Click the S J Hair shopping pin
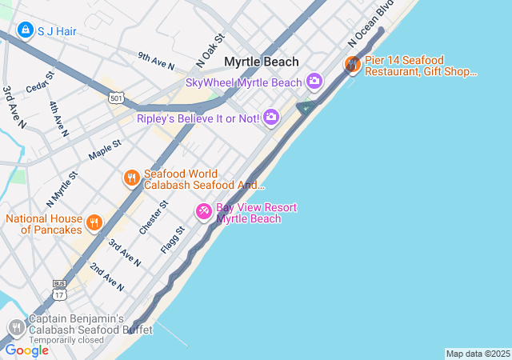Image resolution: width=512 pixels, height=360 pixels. [x=25, y=30]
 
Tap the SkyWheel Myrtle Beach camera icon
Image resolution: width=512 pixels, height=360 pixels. [x=314, y=81]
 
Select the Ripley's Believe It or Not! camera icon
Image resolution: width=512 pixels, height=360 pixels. [x=270, y=118]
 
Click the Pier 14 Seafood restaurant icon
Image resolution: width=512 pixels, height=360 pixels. [x=352, y=64]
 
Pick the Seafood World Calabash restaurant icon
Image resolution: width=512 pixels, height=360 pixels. [x=131, y=178]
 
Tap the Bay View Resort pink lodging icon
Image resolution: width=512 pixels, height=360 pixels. [x=204, y=211]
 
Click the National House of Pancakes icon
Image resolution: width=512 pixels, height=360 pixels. [x=94, y=222]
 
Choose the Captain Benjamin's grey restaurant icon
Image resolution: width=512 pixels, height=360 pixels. [x=16, y=327]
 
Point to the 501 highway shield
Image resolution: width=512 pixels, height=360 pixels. [x=117, y=98]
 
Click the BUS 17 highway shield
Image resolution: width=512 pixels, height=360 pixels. [x=59, y=290]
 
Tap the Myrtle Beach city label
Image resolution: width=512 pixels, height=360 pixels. [x=261, y=62]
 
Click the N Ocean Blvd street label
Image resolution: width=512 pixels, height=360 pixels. [x=361, y=34]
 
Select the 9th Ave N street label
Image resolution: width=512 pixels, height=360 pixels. [x=155, y=60]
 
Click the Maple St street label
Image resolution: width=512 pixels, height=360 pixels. [x=105, y=149]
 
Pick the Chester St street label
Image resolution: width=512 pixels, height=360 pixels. [x=153, y=217]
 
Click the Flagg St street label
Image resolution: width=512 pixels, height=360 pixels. [x=173, y=239]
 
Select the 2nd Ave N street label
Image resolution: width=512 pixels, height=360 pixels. [x=106, y=275]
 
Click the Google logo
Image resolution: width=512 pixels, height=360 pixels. [x=26, y=350]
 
